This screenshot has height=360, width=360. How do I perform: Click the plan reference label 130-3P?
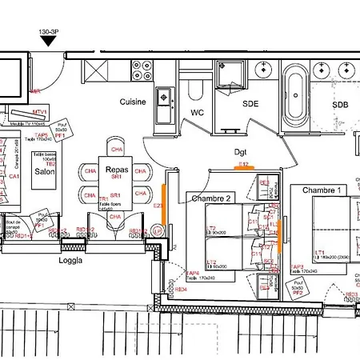pos(49,34)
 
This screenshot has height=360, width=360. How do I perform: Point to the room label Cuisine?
pos(133,102)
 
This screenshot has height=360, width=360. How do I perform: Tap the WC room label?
pos(198,113)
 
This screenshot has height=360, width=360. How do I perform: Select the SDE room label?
pos(251,104)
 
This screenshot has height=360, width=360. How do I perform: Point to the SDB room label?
pos(341,104)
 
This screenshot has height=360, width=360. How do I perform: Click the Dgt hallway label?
pos(242,150)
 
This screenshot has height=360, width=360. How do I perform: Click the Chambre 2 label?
pos(210,198)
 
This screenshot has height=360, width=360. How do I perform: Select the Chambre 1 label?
pos(322,190)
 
